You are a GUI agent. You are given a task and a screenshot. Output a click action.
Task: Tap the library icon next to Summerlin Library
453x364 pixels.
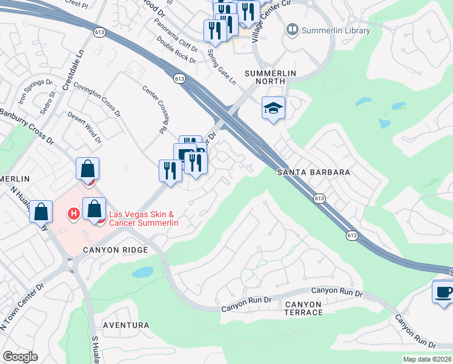[x=293, y=29]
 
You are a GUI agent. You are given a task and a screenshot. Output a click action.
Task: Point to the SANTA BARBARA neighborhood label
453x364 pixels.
[x=314, y=172]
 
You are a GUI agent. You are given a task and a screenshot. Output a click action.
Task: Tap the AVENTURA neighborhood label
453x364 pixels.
[x=126, y=325]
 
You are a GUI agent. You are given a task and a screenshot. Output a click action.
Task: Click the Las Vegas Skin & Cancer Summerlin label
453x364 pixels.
[x=143, y=218]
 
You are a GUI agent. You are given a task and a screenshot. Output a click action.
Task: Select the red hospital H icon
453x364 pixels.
[x=74, y=214]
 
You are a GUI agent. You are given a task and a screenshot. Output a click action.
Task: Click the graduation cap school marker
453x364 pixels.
[x=273, y=109]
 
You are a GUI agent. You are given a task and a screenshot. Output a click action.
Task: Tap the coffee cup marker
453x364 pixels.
[x=443, y=292]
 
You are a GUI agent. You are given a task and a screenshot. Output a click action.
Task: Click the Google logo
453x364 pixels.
[x=20, y=357]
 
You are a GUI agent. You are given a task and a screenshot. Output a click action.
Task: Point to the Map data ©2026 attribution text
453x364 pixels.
[x=427, y=359]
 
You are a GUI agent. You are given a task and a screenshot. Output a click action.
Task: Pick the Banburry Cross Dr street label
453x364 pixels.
[x=27, y=126]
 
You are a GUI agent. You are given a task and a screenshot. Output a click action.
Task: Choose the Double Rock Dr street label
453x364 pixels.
[x=176, y=50]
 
